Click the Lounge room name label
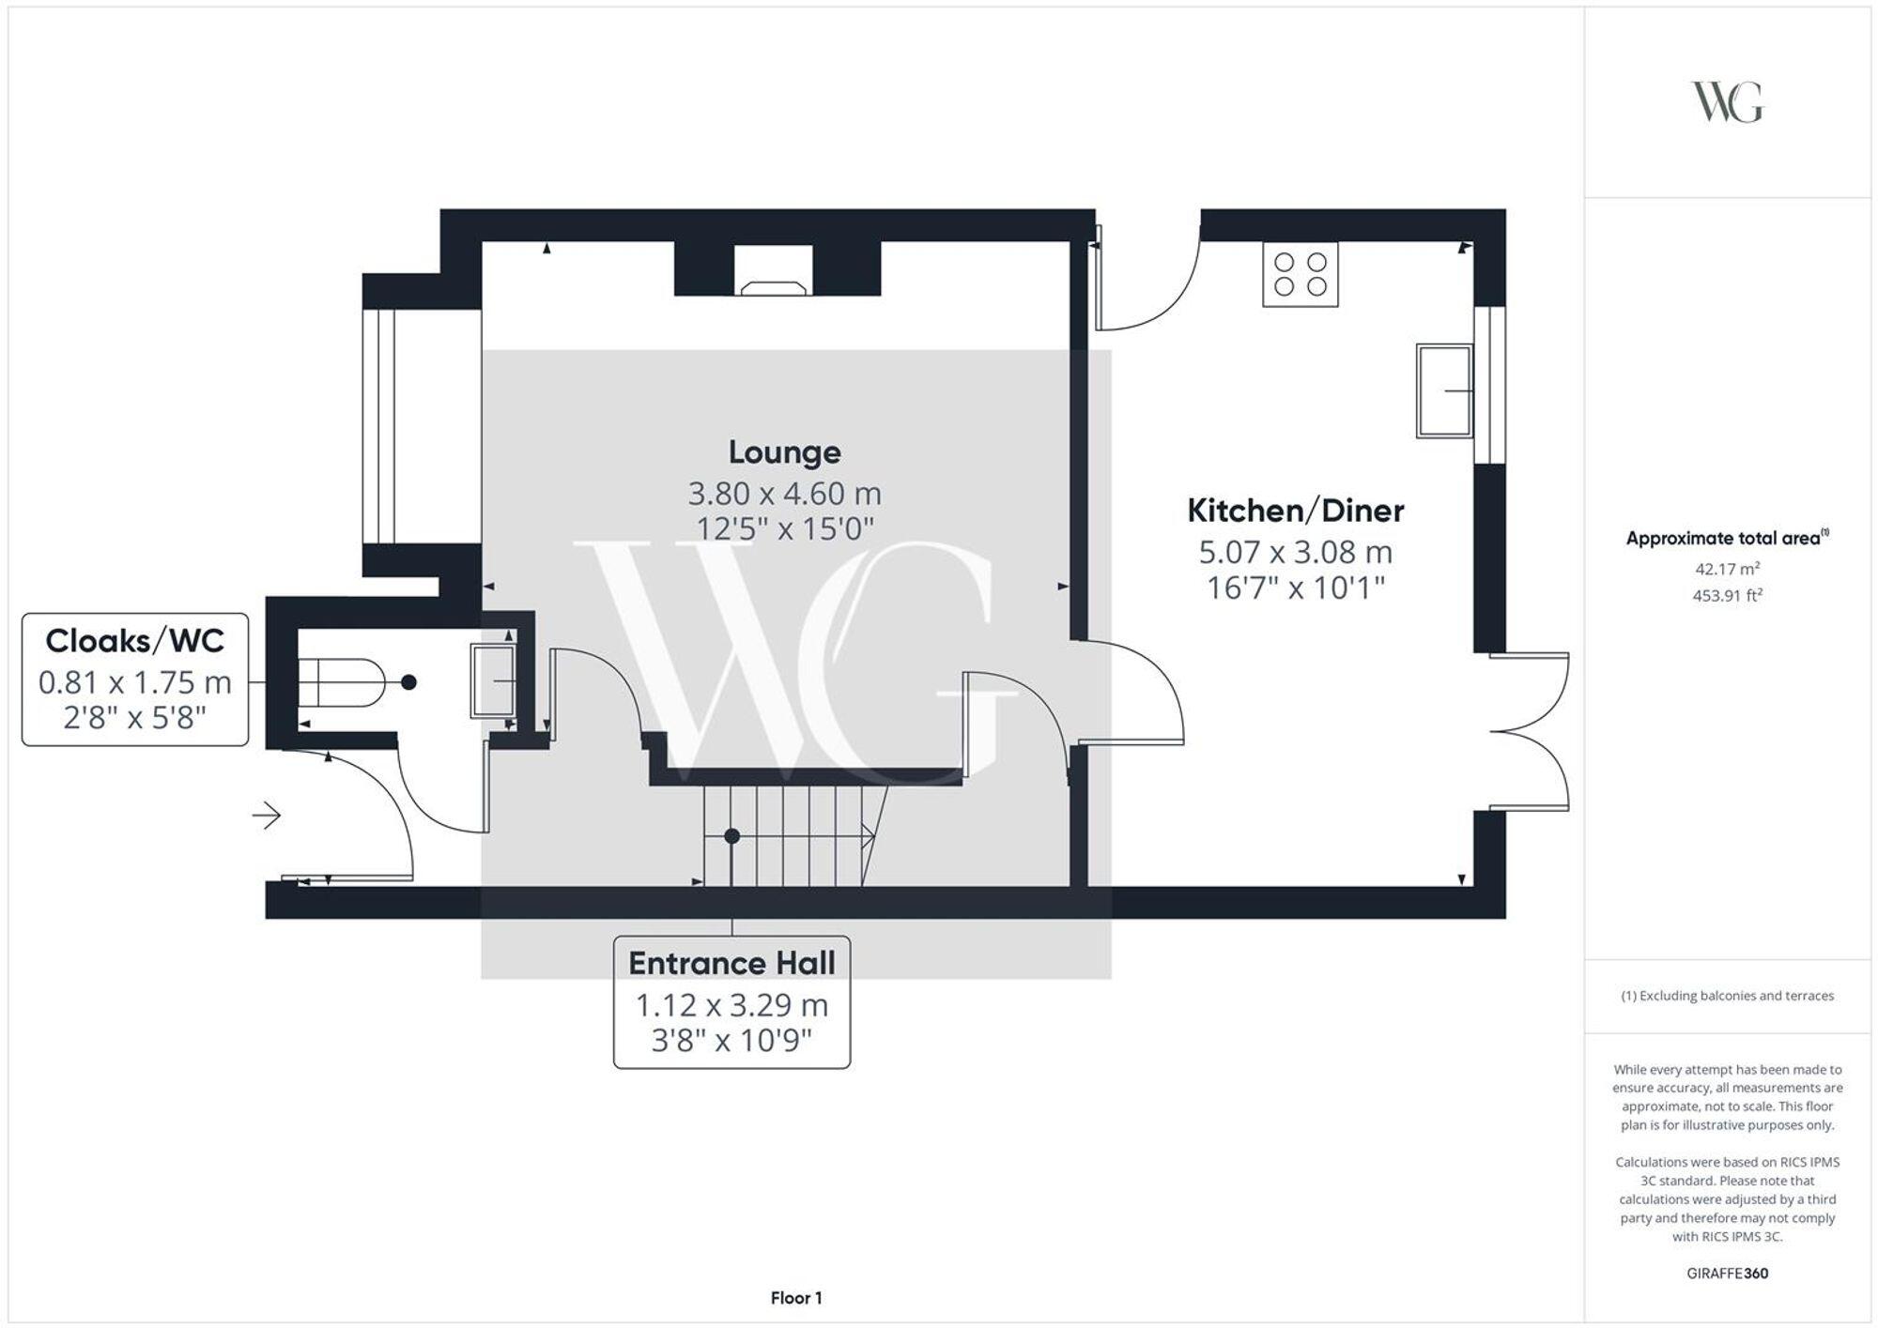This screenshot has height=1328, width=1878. coord(784,452)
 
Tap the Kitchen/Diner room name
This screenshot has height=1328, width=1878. coord(1295,511)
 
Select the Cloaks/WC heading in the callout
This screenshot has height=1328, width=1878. coord(135,641)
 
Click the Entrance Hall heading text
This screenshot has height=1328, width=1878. coord(731,964)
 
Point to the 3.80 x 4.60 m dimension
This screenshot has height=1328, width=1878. coord(784,493)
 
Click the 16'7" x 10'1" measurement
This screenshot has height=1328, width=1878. coord(1295,588)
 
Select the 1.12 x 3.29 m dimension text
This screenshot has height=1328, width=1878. coord(731,1005)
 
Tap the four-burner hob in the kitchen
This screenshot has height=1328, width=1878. coord(1300,274)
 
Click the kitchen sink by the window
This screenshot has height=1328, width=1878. coord(1444,390)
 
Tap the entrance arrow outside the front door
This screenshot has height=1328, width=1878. coord(267,816)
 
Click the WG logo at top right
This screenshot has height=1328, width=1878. coord(1727,102)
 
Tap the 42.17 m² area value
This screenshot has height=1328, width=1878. coord(1727,569)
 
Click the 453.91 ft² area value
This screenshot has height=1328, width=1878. coord(1727,595)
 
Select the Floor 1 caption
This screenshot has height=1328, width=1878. coord(795,1298)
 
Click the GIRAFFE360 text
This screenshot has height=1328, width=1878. coord(1727,1274)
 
